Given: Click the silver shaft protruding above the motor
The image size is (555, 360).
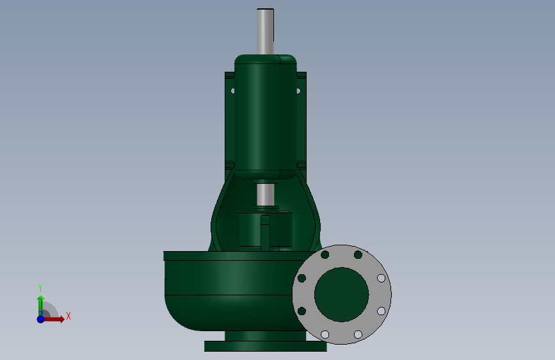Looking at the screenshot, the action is point(265,31).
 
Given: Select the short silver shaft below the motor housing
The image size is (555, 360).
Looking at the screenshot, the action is point(265,195).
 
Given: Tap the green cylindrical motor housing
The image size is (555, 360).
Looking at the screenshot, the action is point(266,117).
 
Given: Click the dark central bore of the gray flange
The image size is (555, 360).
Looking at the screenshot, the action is point(342,295).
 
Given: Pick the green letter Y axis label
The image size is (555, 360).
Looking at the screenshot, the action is point(40,288).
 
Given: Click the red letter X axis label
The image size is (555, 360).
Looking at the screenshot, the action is point(68,316).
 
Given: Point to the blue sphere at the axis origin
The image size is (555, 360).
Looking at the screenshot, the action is point(41,319).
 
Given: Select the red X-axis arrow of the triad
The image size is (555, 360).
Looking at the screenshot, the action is point(54,319).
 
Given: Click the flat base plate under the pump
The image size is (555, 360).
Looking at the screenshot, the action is point(266,346).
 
